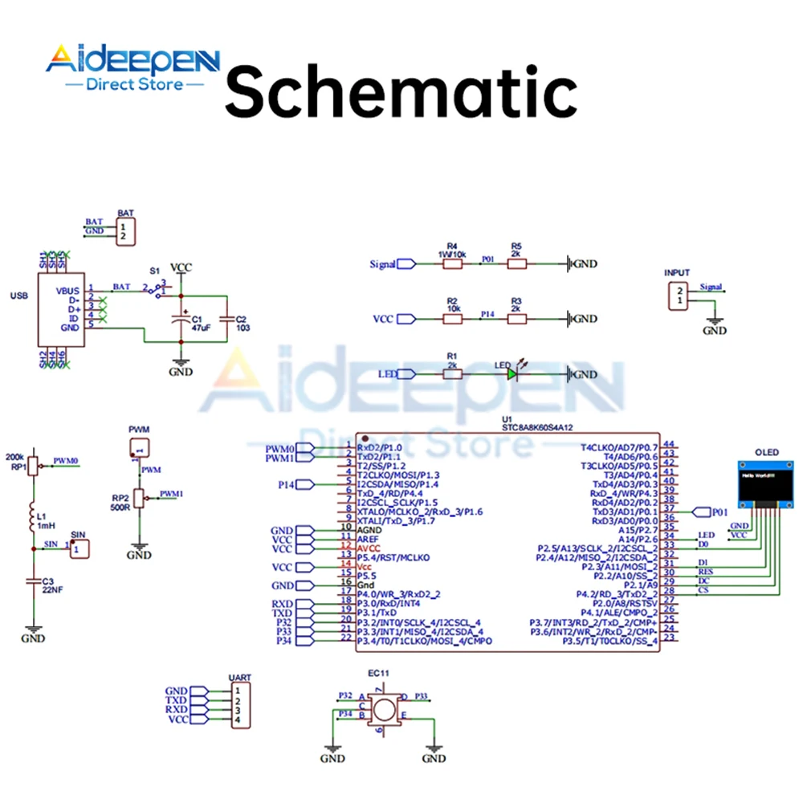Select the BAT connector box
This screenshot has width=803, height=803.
click(124, 232)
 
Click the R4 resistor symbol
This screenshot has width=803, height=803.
click(452, 263)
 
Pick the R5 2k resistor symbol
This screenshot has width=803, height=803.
click(516, 263)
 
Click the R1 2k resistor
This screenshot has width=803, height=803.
click(452, 374)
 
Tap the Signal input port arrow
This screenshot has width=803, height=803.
click(406, 263)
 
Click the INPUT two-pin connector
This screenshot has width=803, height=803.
click(679, 295)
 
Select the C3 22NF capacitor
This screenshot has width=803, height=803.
click(33, 579)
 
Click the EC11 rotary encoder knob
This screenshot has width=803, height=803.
click(384, 710)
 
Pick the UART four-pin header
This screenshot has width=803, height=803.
click(238, 706)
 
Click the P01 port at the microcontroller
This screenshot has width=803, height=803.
click(701, 512)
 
